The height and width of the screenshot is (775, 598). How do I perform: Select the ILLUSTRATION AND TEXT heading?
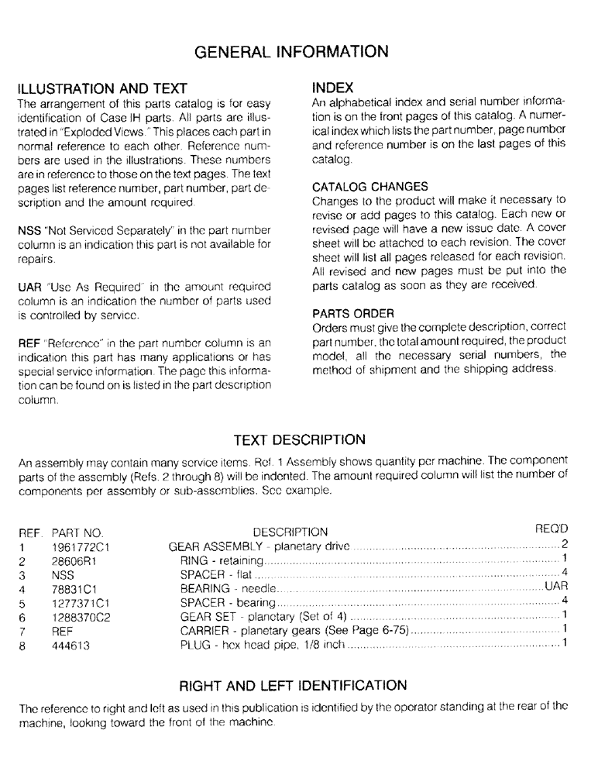(x=103, y=88)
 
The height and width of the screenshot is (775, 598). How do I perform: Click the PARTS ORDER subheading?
(x=353, y=313)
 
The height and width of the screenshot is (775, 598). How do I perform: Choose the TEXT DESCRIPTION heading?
(x=299, y=439)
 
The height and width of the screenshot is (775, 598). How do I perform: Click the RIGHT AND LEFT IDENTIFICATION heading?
(x=293, y=685)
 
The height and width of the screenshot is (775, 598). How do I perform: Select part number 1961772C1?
(x=77, y=546)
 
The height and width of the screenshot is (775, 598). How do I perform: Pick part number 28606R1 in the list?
(x=72, y=560)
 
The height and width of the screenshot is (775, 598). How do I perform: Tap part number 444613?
(x=70, y=643)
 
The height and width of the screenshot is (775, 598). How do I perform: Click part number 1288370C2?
(x=78, y=616)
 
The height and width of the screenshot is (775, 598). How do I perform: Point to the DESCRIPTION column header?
(x=290, y=532)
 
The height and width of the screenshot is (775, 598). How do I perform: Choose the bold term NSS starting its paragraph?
(x=30, y=229)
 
